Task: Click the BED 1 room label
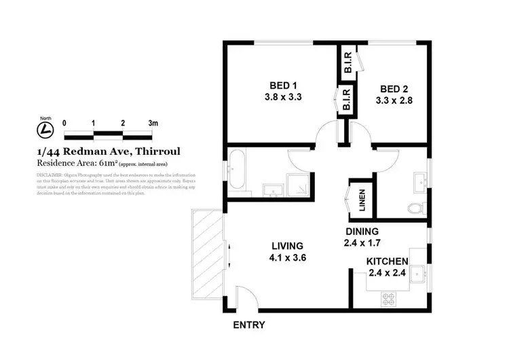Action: pyautogui.click(x=284, y=86)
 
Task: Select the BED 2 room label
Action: pyautogui.click(x=394, y=89)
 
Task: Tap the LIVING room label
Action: pyautogui.click(x=287, y=246)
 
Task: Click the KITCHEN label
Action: pyautogui.click(x=387, y=262)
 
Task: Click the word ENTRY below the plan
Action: pyautogui.click(x=249, y=325)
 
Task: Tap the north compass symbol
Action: pyautogui.click(x=45, y=128)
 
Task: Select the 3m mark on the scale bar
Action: pyautogui.click(x=153, y=123)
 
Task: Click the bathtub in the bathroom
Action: pyautogui.click(x=238, y=170)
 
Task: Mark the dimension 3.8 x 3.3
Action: pyautogui.click(x=283, y=96)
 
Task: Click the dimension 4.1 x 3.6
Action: pyautogui.click(x=287, y=257)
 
